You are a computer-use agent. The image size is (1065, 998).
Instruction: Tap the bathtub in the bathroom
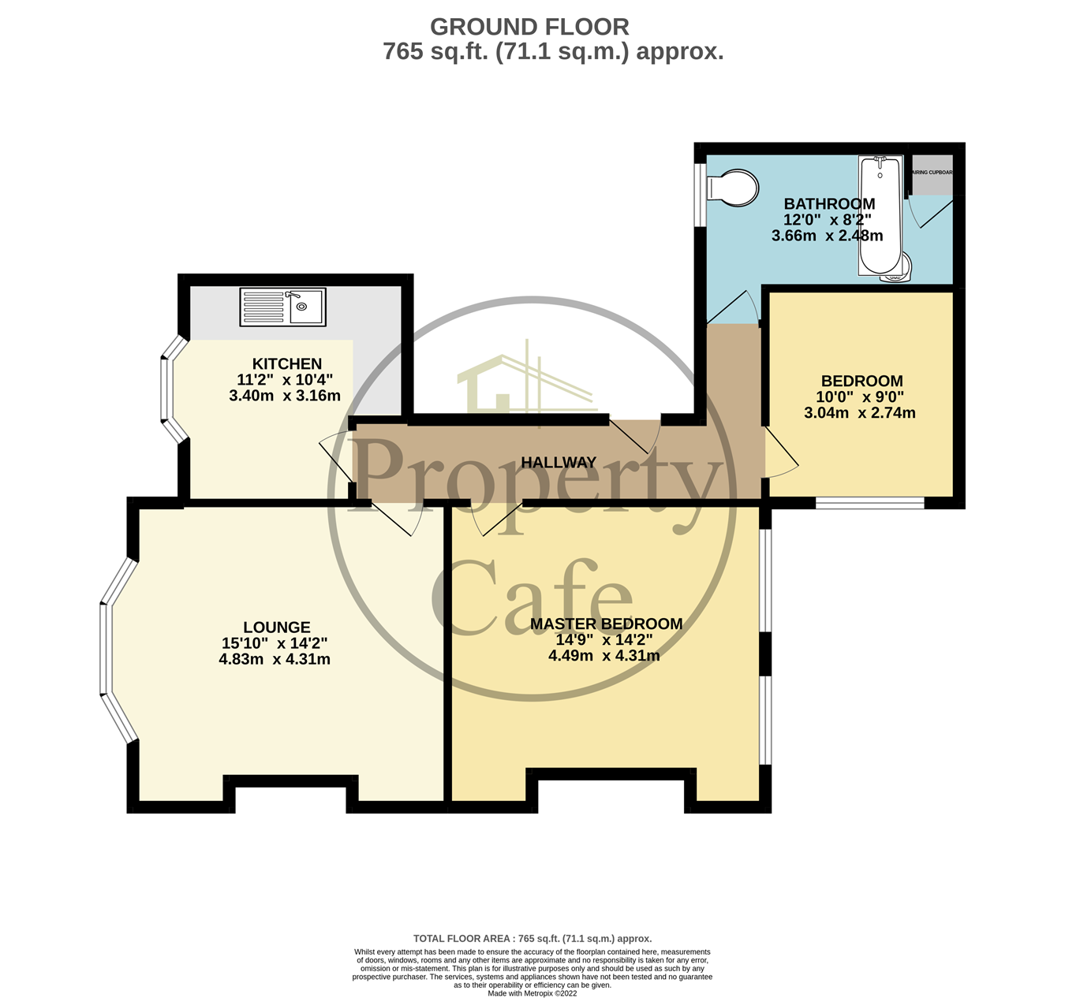coord(880,214)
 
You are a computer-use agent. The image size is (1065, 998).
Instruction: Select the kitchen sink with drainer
coord(283,307)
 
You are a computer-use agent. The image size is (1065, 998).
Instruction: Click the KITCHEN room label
coord(286,363)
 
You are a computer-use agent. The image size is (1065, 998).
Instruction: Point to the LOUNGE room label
coord(276,627)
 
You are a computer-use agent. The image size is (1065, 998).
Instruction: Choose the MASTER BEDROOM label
coord(606,624)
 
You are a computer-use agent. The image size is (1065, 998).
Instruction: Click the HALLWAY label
coord(559,462)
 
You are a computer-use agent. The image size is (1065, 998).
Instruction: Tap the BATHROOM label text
coord(829,203)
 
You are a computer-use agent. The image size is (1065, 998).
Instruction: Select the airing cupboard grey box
coord(932,177)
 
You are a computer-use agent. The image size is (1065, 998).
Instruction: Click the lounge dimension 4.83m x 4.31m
coord(275,659)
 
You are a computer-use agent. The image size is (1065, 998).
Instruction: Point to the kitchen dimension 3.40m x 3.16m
coord(285,396)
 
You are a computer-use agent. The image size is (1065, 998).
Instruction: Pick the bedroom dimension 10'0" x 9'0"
coord(860,397)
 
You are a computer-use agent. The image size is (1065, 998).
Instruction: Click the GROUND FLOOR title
coord(529,27)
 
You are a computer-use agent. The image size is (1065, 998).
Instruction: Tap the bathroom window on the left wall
coord(700,195)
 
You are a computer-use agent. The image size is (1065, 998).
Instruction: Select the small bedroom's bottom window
coord(869,503)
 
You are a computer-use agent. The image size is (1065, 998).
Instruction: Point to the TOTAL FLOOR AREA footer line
coord(532,939)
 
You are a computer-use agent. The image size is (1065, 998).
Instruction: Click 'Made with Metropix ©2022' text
coord(532,993)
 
